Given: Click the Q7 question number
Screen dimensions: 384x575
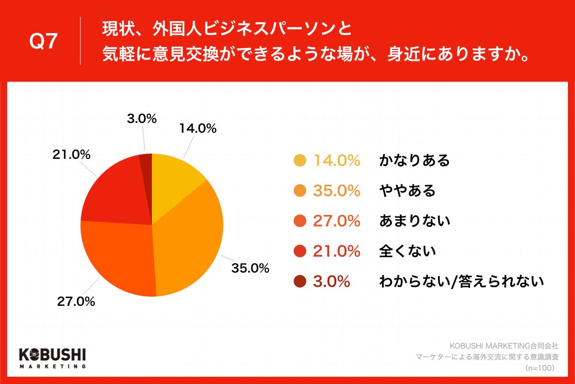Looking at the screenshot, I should (x=44, y=42).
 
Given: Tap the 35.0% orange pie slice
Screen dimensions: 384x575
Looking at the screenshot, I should (x=192, y=240).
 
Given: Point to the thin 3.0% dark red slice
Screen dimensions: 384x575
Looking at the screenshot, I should (x=146, y=163).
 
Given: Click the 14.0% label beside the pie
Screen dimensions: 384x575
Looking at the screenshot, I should (x=198, y=129).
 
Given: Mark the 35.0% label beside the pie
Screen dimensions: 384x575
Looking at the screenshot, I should (x=250, y=268).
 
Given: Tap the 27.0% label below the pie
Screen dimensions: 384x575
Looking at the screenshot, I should (x=76, y=301).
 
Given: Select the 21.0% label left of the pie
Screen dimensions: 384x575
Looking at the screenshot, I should (x=71, y=155).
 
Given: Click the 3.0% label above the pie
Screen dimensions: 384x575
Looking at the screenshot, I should (x=142, y=119).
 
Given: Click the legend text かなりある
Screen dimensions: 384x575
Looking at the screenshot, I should (x=414, y=161).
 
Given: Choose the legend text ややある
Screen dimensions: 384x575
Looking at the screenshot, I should (x=407, y=191).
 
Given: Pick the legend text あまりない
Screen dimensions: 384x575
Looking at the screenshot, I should (x=414, y=221).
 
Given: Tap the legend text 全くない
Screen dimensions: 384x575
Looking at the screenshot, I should (x=407, y=251).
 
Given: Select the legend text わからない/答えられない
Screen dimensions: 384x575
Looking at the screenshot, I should (x=461, y=281).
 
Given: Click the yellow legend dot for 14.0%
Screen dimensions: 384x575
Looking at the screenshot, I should (x=299, y=161).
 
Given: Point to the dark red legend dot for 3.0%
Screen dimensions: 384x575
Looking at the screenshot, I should (x=299, y=281).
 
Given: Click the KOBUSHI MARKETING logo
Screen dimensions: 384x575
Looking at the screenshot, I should (x=52, y=358).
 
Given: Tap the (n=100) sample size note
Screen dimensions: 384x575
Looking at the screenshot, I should (x=540, y=368).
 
